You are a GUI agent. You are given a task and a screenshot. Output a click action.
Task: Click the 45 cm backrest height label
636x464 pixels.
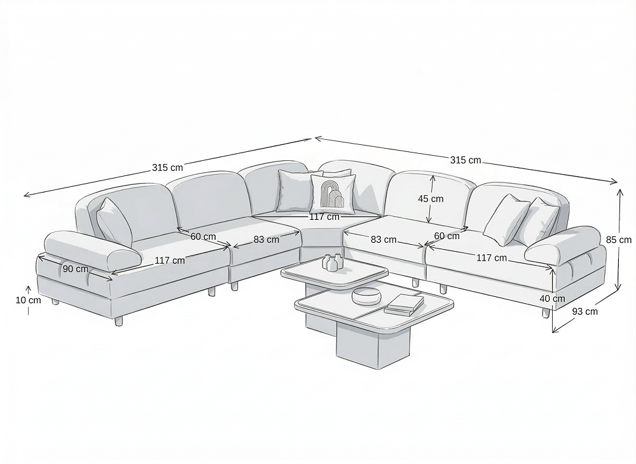[431, 199]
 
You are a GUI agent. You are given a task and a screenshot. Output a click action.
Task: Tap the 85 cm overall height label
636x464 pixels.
[619, 240]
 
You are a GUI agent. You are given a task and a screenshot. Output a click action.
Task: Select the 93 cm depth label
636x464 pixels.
[585, 311]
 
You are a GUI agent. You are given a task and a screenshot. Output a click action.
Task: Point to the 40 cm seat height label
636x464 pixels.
[553, 299]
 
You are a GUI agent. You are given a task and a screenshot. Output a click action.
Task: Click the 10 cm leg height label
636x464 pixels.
[29, 300]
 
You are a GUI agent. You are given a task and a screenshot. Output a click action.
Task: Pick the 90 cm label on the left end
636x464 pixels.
[76, 269]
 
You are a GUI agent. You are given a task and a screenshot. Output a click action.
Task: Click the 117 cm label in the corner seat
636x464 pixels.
[324, 217]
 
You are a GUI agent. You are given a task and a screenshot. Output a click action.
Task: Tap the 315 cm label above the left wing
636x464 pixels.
[167, 167]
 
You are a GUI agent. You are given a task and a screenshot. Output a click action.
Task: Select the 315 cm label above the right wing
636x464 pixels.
[466, 160]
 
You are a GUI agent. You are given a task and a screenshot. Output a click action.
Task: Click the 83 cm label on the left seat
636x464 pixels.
[266, 240]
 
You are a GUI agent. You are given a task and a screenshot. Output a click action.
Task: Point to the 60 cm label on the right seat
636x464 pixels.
[447, 236]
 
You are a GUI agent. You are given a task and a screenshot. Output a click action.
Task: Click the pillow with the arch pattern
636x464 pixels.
[333, 194]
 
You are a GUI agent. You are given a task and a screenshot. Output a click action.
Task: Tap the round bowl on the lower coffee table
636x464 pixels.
[367, 296]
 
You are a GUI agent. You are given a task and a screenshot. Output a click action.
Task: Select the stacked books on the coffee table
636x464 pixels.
[404, 304]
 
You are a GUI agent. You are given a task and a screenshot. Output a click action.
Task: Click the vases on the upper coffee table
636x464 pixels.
[333, 263]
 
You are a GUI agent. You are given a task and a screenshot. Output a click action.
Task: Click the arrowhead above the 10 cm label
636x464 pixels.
[29, 289]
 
